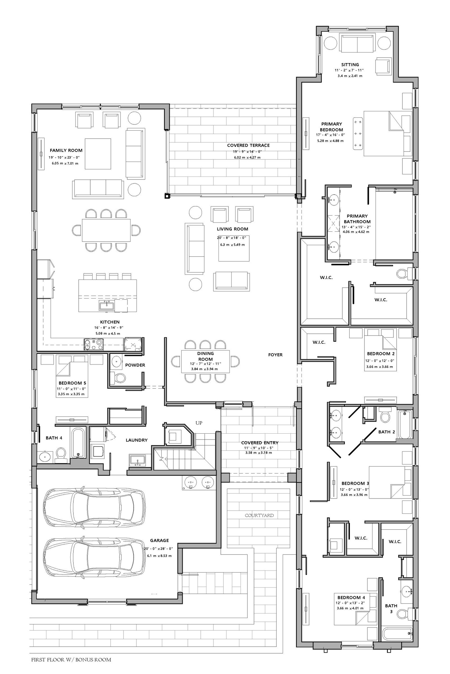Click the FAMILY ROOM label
(x=66, y=150)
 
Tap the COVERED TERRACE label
(x=248, y=145)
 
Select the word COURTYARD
(x=259, y=515)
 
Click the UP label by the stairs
(x=199, y=423)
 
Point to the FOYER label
(x=275, y=355)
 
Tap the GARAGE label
(x=159, y=540)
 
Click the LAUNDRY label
(x=137, y=440)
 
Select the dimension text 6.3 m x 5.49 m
(x=233, y=245)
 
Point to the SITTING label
(x=350, y=65)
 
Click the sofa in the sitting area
(x=357, y=43)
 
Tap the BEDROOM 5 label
(x=72, y=383)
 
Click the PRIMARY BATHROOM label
(x=357, y=219)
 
